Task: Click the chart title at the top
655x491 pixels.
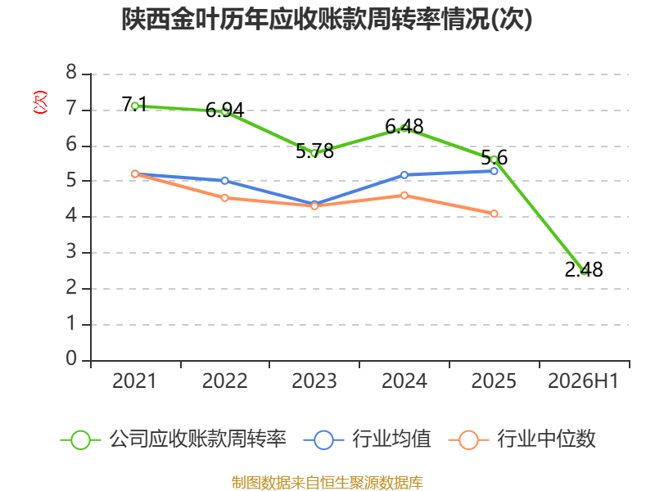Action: point(327,19)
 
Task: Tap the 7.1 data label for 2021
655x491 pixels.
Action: point(134,104)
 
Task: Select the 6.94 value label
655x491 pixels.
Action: point(224,110)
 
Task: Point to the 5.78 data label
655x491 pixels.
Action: point(314,151)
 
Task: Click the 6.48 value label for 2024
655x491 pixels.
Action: point(404,126)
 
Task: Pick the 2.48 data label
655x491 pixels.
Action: point(584,269)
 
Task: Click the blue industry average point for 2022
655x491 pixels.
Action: point(224,181)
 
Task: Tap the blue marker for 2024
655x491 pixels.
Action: point(404,175)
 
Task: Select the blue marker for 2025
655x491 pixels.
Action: point(495,171)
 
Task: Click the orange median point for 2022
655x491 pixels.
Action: point(224,198)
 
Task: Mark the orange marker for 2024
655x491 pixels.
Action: point(404,196)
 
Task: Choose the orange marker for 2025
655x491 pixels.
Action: point(495,214)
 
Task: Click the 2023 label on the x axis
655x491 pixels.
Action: point(314,381)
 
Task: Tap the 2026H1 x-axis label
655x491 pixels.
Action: point(583,381)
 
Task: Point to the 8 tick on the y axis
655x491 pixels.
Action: point(71,73)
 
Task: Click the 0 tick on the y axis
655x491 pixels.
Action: point(71,358)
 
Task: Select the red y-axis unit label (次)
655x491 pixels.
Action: point(40,102)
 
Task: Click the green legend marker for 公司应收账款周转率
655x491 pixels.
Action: point(80,440)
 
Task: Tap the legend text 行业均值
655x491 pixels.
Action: point(391,439)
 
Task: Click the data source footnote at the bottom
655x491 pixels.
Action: point(327,483)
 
